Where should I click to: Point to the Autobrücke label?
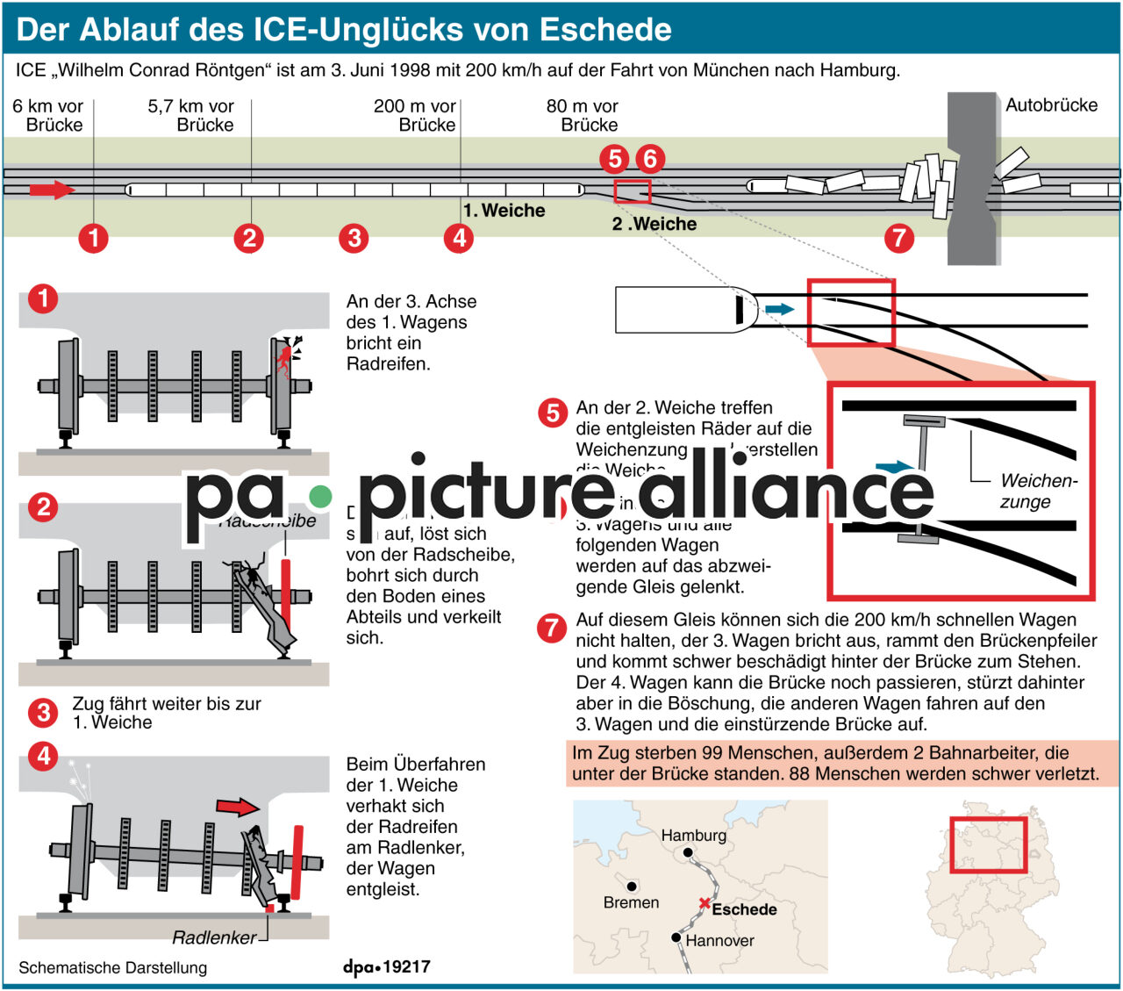[x=1051, y=105]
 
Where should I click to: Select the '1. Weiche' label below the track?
[x=504, y=211]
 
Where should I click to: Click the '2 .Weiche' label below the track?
[x=654, y=224]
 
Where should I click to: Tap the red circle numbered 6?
[x=649, y=159]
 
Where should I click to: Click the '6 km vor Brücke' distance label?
[x=48, y=115]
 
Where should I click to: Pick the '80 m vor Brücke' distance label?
[x=583, y=115]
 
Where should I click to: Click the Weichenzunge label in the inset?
[x=1038, y=492]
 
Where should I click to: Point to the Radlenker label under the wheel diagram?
[x=214, y=937]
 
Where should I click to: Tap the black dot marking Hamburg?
[x=689, y=852]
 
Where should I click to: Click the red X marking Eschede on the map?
[x=704, y=903]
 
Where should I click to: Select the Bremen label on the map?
[x=631, y=902]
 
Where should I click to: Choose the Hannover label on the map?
[x=719, y=941]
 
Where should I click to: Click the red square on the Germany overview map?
[x=989, y=844]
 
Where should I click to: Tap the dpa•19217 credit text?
[x=387, y=966]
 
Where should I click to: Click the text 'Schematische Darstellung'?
[x=113, y=967]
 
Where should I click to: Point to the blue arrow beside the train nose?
[x=779, y=309]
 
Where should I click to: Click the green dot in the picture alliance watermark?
[x=321, y=497]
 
